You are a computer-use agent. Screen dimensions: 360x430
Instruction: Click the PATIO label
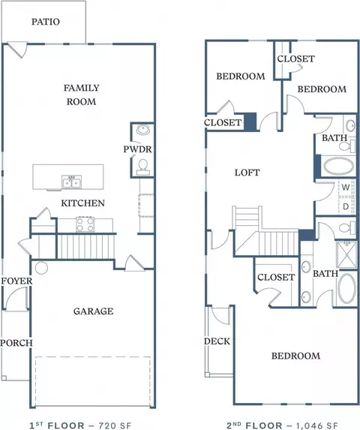pos(46,22)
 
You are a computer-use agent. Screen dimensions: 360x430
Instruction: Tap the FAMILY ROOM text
pos(81,95)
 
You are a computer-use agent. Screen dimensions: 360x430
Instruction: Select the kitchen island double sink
pos(71,182)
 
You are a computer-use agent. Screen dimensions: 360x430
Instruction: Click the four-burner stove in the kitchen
pos(85,224)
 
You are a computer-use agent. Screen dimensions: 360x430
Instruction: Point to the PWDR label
pos(137,149)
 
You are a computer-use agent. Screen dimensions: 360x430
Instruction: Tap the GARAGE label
pos(94,311)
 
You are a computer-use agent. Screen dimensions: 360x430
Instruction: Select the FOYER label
pos(16,281)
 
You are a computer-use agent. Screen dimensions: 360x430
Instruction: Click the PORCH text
pos(16,343)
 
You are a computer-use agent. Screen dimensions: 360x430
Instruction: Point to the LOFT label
pos(247,173)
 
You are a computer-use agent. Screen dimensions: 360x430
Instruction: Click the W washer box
pos(346,188)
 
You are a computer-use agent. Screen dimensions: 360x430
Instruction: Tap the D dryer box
pos(346,206)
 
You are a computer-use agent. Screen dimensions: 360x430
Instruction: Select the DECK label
pos(217,341)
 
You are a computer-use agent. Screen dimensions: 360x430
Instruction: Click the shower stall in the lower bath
pos(346,254)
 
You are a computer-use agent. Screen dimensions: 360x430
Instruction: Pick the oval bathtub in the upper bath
pos(339,166)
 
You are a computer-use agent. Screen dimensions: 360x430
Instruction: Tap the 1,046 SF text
pos(316,425)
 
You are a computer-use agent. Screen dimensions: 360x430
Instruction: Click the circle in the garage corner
pos(42,268)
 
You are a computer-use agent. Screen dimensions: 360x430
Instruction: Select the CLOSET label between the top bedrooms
pos(296,59)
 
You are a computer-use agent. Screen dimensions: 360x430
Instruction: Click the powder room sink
pos(143,130)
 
